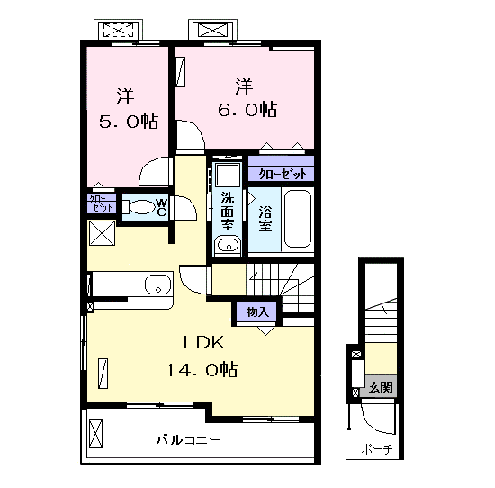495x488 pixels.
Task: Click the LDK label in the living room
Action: tap(204, 342)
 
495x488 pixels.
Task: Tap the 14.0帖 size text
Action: tap(202, 369)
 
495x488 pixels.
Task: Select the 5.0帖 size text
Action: tap(129, 121)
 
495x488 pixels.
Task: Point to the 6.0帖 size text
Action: tap(247, 110)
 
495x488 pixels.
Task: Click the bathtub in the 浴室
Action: tap(298, 219)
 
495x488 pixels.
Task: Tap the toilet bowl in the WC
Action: tap(142, 207)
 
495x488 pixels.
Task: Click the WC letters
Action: tap(161, 207)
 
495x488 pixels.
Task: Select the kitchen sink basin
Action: tap(158, 284)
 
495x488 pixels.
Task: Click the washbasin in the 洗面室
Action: tap(228, 245)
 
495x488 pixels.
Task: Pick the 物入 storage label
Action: tap(257, 312)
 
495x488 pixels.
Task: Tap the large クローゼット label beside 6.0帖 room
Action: tap(283, 174)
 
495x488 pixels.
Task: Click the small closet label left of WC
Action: tap(101, 203)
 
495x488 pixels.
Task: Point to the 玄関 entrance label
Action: tap(381, 387)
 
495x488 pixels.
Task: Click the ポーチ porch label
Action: tap(377, 448)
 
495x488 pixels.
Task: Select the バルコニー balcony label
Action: tap(188, 439)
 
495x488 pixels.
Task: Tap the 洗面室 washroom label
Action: tap(228, 211)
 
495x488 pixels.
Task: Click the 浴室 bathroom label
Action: tap(265, 219)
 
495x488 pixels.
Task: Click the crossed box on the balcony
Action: tap(96, 433)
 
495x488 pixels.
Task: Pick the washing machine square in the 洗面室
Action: tap(228, 175)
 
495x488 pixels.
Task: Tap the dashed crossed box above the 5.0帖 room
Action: tap(119, 30)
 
